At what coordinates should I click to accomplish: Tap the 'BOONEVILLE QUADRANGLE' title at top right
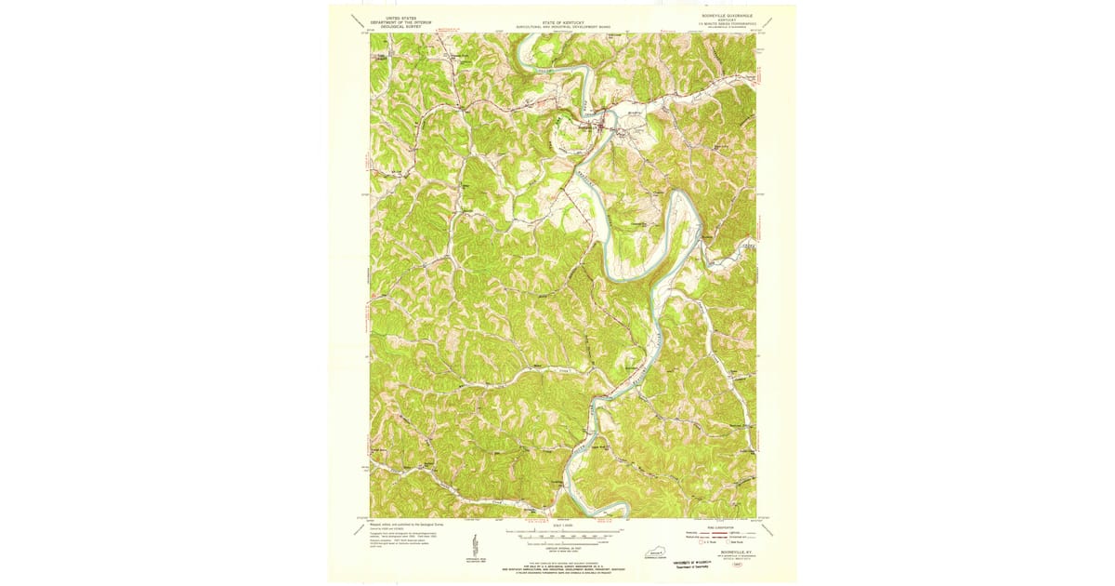click(726, 15)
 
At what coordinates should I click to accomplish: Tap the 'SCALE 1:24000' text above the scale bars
click(558, 526)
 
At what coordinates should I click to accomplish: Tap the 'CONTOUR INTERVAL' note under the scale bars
click(558, 547)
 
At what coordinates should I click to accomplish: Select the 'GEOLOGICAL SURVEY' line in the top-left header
click(394, 27)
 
